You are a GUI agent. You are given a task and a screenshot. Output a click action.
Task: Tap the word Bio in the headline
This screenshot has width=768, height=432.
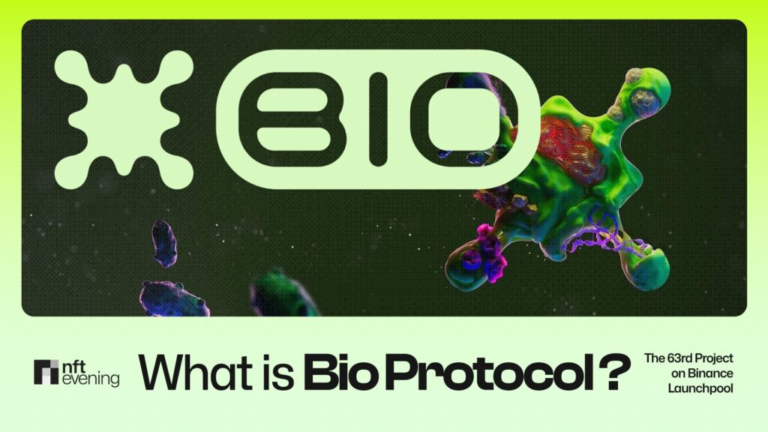point(337,372)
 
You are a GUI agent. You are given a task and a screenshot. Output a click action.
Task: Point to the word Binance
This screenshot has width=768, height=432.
point(700,373)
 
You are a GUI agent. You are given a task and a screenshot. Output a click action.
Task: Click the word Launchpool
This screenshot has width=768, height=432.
point(700,388)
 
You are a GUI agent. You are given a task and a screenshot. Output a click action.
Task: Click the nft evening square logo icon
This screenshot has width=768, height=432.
point(47,372)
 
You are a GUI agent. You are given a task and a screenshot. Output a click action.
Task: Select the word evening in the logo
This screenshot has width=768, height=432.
point(90,380)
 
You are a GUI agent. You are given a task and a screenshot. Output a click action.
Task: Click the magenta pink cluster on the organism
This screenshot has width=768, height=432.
point(487,251)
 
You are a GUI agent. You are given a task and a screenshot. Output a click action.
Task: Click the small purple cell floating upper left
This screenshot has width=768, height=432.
point(164,243)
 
